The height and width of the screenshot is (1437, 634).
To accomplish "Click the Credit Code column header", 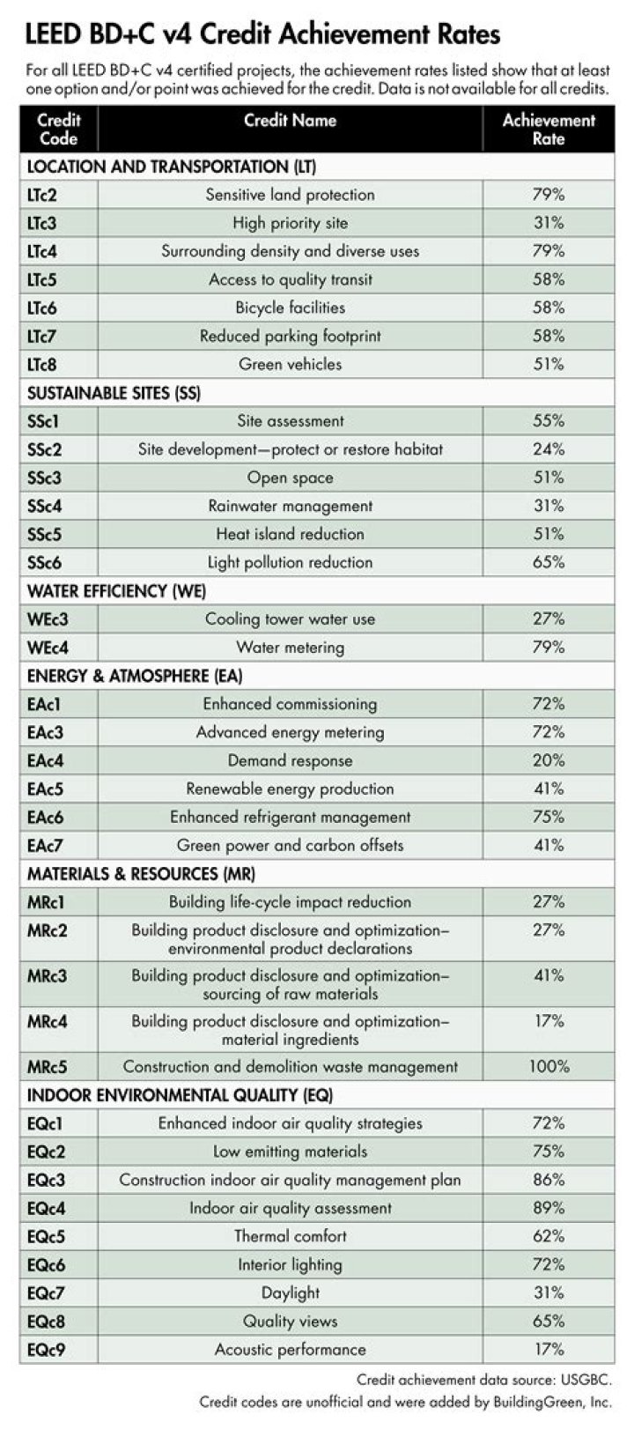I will click(59, 129).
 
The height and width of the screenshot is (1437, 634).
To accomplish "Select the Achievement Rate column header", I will click(548, 129).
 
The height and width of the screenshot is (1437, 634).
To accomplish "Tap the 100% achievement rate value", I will click(549, 1067).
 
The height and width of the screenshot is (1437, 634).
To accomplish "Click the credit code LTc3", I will click(42, 223).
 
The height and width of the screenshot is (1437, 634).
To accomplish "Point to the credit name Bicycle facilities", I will click(290, 307).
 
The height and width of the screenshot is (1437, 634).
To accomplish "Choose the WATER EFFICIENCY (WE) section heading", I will click(116, 590).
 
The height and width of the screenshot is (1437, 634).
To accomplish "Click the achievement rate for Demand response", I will click(548, 760).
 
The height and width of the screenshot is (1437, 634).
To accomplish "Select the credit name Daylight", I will click(290, 1293).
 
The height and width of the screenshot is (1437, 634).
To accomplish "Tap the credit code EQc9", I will click(47, 1349).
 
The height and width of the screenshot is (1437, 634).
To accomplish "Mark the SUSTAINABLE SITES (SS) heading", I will click(114, 393).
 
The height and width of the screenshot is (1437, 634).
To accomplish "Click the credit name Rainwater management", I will click(290, 506).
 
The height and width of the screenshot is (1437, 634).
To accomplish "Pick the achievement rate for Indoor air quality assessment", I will click(548, 1208).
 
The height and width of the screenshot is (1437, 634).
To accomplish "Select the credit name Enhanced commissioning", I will click(290, 704).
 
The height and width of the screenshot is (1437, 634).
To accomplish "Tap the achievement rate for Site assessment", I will click(548, 421).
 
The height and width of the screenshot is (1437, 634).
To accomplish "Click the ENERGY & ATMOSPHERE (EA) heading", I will click(135, 676).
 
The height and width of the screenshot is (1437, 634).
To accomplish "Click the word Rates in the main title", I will click(464, 33).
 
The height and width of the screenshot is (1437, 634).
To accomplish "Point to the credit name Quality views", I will click(290, 1321).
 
